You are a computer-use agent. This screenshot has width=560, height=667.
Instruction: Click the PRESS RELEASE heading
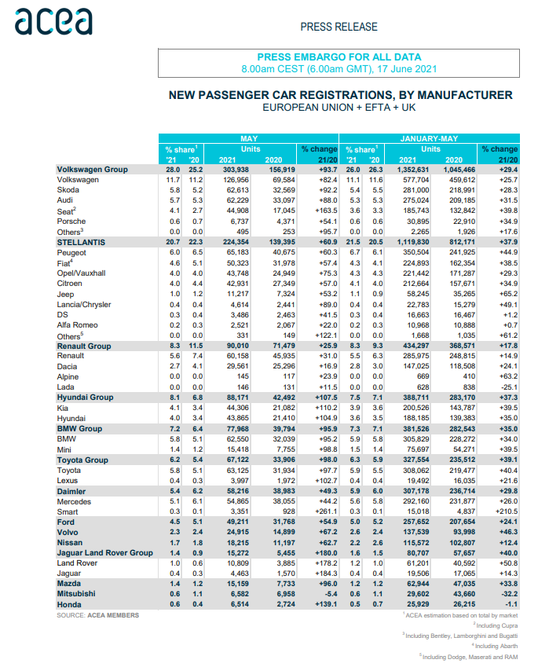coord(339,27)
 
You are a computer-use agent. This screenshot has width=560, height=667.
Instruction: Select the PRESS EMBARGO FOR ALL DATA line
coord(339,57)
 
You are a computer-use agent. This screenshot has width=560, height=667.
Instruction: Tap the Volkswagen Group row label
coord(93,169)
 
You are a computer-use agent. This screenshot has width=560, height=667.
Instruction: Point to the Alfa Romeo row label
coord(79,324)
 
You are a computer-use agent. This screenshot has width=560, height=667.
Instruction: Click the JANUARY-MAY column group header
coord(430,138)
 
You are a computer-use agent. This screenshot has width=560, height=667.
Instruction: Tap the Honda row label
coord(70,605)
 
